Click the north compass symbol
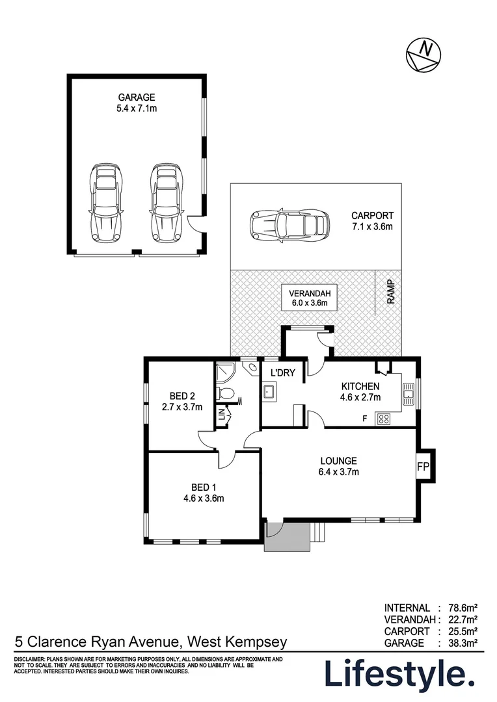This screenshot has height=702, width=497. tap(423, 55)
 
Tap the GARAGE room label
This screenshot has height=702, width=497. tap(137, 97)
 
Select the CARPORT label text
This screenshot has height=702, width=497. tap(372, 215)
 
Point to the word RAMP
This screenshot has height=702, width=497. tap(391, 292)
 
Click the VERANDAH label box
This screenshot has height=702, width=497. tap(310, 298)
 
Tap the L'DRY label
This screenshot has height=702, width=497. tap(283, 372)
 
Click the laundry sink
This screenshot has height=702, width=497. tap(269, 392)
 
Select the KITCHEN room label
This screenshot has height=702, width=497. tap(360, 386)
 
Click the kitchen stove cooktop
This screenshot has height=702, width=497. tap(384, 419)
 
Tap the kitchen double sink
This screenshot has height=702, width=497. tap(409, 394)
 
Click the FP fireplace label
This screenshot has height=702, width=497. tap(423, 467)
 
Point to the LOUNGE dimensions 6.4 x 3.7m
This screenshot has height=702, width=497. tap(339, 471)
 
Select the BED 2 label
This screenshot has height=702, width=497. tap(182, 396)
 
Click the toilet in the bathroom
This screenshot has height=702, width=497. tap(225, 393)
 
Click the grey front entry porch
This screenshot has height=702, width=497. tap(287, 536)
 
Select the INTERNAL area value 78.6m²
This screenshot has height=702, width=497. tap(463, 608)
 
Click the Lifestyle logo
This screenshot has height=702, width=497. tap(399, 673)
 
